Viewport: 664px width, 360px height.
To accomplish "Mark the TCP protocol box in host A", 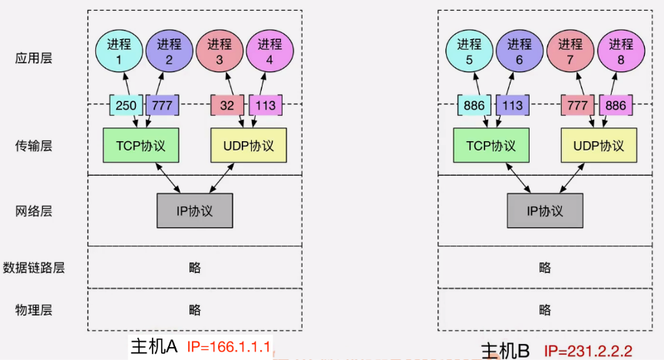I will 140,145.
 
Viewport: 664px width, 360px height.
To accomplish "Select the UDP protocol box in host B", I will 599,145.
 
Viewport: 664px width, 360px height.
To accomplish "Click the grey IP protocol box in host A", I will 195,210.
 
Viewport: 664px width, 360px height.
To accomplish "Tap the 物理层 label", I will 34,310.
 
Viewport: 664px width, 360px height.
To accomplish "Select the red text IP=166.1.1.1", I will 228,347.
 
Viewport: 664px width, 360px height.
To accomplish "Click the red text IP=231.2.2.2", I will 588,352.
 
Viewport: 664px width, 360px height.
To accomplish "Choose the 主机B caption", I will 506,352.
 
